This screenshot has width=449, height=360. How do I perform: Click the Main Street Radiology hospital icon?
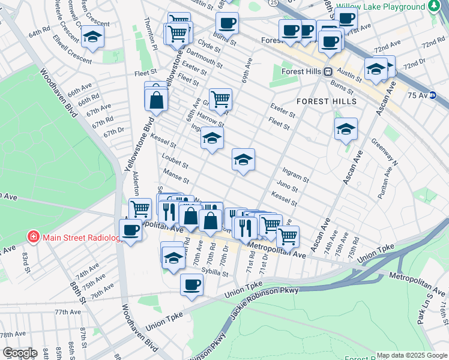click(x=34, y=236)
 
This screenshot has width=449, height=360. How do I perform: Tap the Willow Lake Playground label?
click(x=380, y=7)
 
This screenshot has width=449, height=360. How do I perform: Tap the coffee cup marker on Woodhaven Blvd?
click(x=130, y=230)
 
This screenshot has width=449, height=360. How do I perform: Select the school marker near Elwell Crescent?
click(x=92, y=37)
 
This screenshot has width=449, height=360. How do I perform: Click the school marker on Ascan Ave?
click(x=346, y=129)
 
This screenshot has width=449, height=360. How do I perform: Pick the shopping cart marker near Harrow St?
click(x=220, y=99)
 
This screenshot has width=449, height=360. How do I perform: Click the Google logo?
click(x=20, y=352)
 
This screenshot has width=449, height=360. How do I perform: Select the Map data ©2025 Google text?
click(x=412, y=355)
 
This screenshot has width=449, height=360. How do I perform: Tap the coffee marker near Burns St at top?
click(x=227, y=24)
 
